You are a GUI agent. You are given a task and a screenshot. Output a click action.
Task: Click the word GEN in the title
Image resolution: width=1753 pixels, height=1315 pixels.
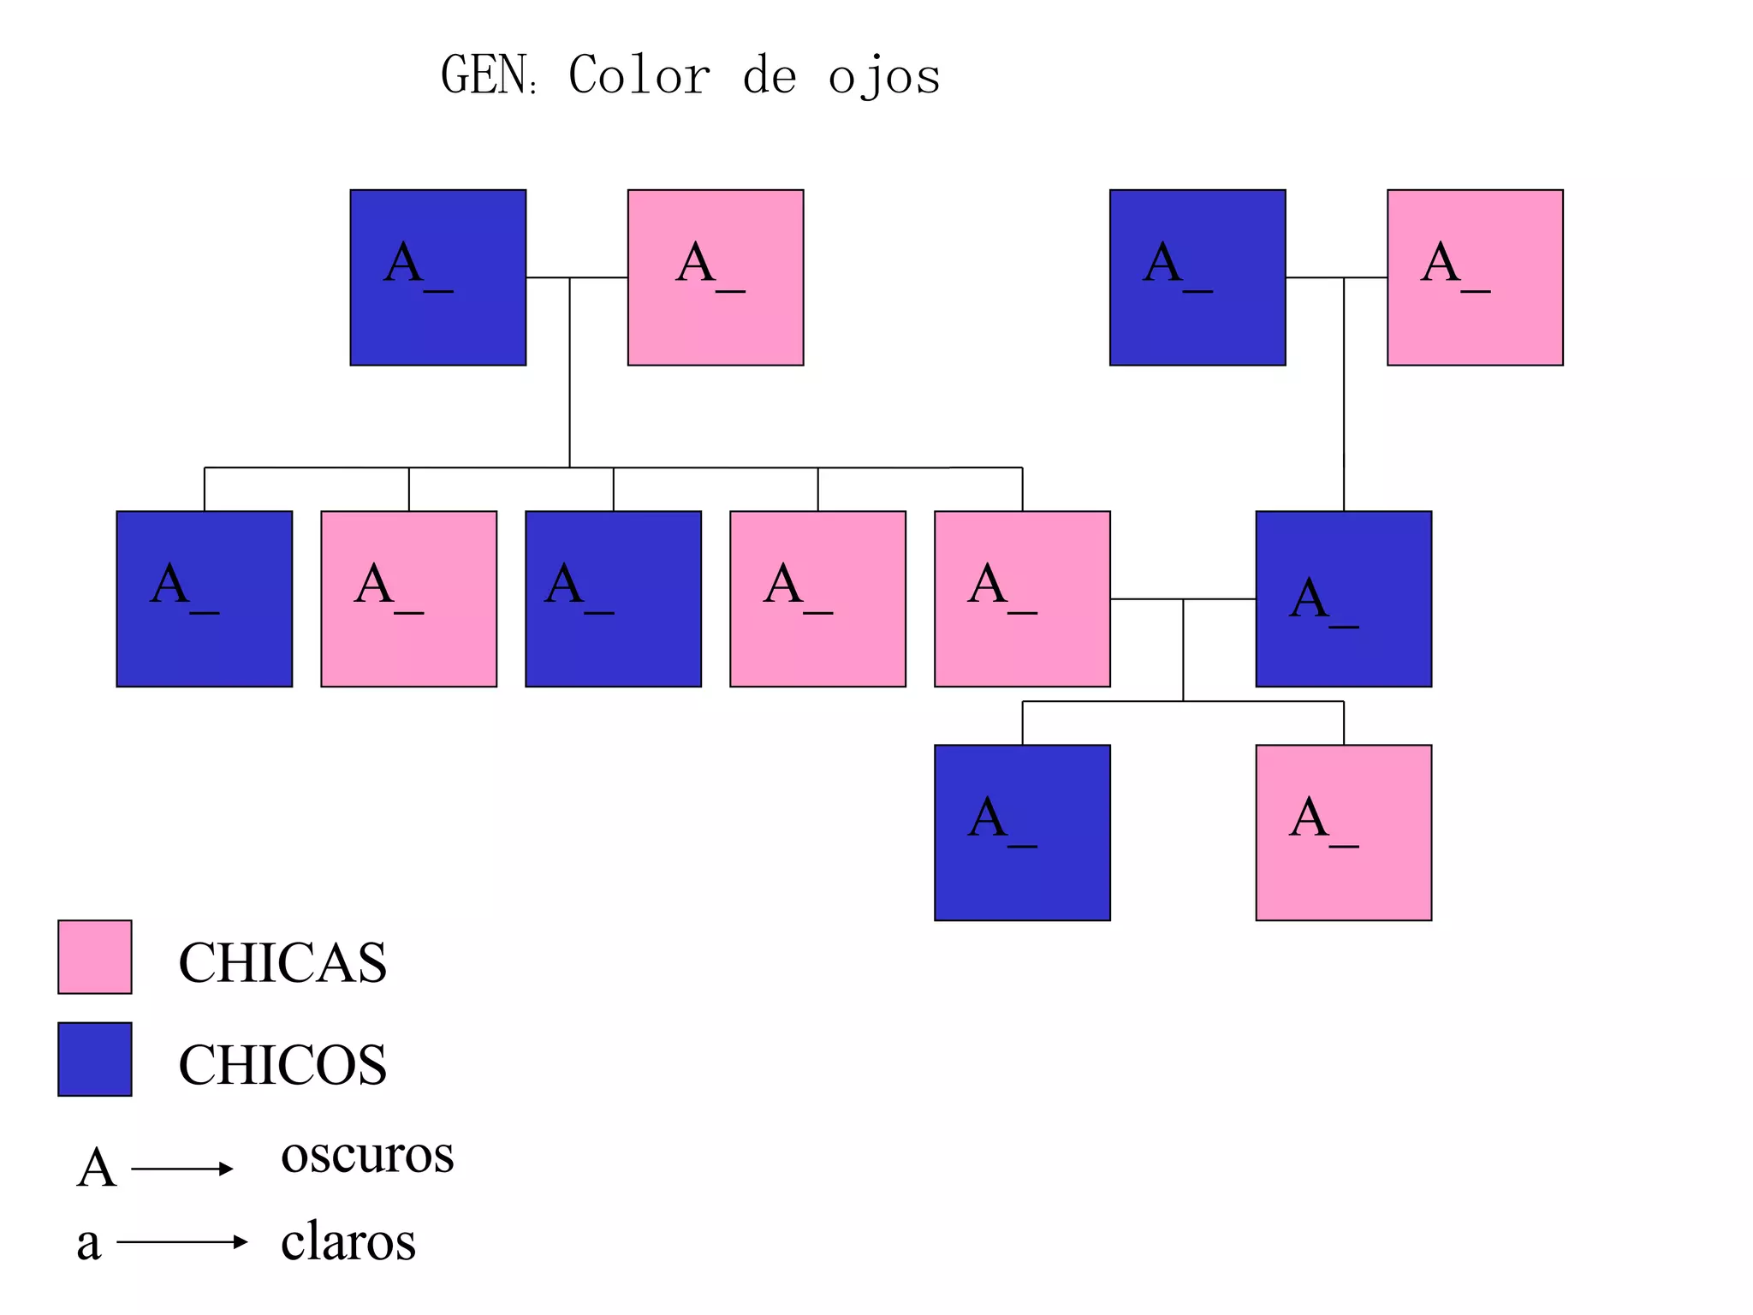(483, 75)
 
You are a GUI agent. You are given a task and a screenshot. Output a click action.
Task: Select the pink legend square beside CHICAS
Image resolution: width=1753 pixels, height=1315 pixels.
(95, 957)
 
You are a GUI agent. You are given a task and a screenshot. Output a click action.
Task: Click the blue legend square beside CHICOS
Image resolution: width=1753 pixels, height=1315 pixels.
(95, 1059)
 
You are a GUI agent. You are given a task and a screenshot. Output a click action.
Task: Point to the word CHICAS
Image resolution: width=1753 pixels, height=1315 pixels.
(282, 962)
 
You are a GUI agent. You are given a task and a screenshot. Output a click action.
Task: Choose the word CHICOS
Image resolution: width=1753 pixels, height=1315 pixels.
(282, 1065)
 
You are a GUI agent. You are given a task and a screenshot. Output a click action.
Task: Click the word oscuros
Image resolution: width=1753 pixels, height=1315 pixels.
(367, 1154)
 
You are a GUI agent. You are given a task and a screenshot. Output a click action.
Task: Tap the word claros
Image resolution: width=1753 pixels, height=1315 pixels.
(348, 1241)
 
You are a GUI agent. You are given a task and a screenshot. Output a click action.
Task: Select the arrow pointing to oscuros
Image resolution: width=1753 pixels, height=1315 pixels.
(182, 1169)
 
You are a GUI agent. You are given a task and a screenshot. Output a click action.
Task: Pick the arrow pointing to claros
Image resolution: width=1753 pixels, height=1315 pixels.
(182, 1241)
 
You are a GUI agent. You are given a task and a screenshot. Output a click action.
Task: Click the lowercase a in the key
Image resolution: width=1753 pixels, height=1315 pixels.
(89, 1243)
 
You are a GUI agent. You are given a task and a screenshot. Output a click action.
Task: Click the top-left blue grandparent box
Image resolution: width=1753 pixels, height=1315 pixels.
(438, 277)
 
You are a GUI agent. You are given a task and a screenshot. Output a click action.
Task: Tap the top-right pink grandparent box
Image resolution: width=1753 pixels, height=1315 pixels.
(1475, 277)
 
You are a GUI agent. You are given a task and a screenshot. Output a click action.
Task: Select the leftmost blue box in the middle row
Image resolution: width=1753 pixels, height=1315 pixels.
(205, 599)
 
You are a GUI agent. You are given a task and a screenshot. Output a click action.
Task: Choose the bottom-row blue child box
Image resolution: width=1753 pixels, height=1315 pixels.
(1022, 832)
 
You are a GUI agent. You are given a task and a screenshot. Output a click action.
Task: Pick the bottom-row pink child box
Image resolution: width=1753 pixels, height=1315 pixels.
(1343, 832)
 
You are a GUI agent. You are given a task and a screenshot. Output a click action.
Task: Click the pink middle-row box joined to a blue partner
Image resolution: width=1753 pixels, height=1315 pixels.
(1022, 599)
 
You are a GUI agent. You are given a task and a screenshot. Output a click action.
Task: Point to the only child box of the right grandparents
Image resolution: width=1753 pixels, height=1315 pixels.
(1343, 599)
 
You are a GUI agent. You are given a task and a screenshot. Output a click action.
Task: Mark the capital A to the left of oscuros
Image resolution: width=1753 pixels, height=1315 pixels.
(96, 1168)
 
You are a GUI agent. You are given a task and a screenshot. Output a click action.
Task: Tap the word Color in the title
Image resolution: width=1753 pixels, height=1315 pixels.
(639, 75)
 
